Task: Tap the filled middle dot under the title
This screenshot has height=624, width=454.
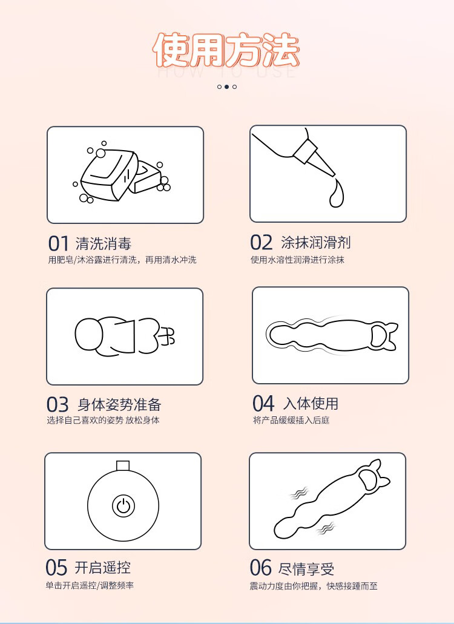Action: [226, 87]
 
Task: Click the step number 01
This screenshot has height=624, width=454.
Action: [59, 243]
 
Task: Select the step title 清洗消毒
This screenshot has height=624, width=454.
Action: [104, 243]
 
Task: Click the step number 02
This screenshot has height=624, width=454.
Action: [262, 243]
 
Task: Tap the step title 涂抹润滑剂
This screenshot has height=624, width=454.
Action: [316, 243]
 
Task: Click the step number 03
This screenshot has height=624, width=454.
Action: [58, 404]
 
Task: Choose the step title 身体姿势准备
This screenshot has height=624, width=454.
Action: [119, 404]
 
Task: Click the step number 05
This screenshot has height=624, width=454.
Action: [57, 568]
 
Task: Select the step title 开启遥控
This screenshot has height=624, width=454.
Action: [102, 568]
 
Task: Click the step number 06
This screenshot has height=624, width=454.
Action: [262, 568]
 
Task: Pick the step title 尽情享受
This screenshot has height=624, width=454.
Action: [306, 568]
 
